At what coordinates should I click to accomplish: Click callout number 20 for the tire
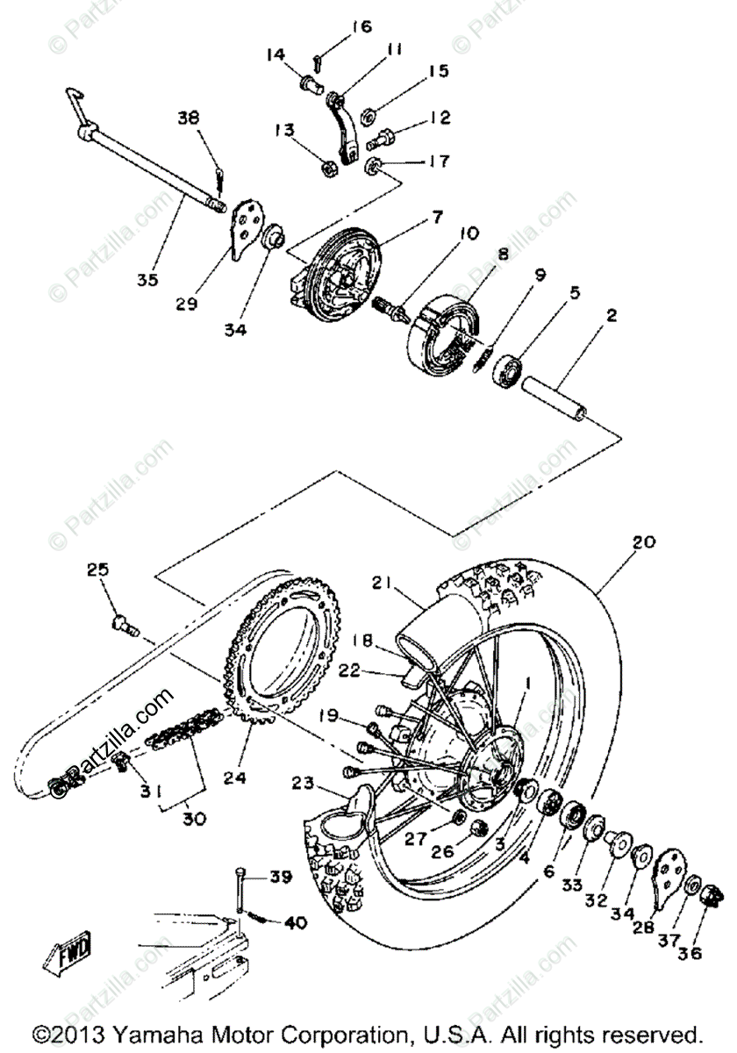coord(643,542)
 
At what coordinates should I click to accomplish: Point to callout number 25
coord(97,570)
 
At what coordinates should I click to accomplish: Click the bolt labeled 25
coord(124,625)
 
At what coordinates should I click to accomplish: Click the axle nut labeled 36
coord(708,895)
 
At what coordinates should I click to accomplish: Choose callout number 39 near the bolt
coord(279,877)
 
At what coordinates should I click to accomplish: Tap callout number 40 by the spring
coord(295,922)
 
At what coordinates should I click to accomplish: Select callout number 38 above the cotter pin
coord(189,117)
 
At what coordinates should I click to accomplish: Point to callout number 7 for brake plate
coord(436,216)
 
